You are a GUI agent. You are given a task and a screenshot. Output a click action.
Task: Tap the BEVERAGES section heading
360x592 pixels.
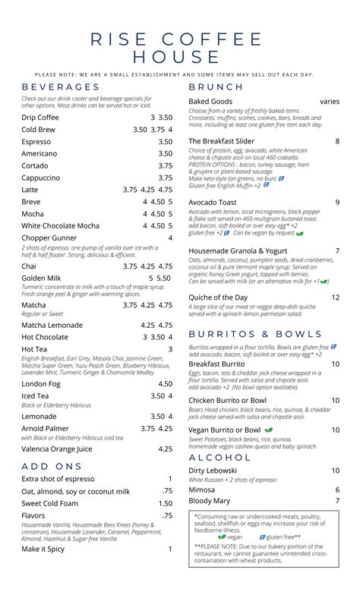pyautogui.click(x=61, y=87)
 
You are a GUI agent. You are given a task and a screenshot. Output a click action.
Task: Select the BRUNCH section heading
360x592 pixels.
pyautogui.click(x=216, y=87)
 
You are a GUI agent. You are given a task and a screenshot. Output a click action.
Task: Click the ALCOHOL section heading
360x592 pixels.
pyautogui.click(x=220, y=458)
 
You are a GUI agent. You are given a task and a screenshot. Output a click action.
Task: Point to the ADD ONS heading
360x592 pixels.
pyautogui.click(x=52, y=465)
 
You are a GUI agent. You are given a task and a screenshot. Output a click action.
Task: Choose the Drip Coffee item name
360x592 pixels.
pyautogui.click(x=40, y=118)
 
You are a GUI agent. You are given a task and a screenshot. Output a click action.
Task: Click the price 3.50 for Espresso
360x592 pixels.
pyautogui.click(x=165, y=142)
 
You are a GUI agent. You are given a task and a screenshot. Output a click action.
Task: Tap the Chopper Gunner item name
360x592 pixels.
pyautogui.click(x=49, y=238)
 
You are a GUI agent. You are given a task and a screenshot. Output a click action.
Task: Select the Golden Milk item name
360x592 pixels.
pyautogui.click(x=41, y=279)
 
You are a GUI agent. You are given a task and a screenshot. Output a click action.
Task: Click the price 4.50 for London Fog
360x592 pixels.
pyautogui.click(x=165, y=384)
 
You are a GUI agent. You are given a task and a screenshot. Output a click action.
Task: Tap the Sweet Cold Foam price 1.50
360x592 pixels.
pyautogui.click(x=165, y=504)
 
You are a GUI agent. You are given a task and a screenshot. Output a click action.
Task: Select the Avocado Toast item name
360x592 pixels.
pyautogui.click(x=213, y=203)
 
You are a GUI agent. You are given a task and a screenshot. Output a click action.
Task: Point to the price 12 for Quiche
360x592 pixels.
pyautogui.click(x=335, y=298)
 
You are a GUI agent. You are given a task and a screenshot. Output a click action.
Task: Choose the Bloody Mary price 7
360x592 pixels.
pyautogui.click(x=337, y=501)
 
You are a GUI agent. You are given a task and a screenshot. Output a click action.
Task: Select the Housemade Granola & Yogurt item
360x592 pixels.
pyautogui.click(x=238, y=250)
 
